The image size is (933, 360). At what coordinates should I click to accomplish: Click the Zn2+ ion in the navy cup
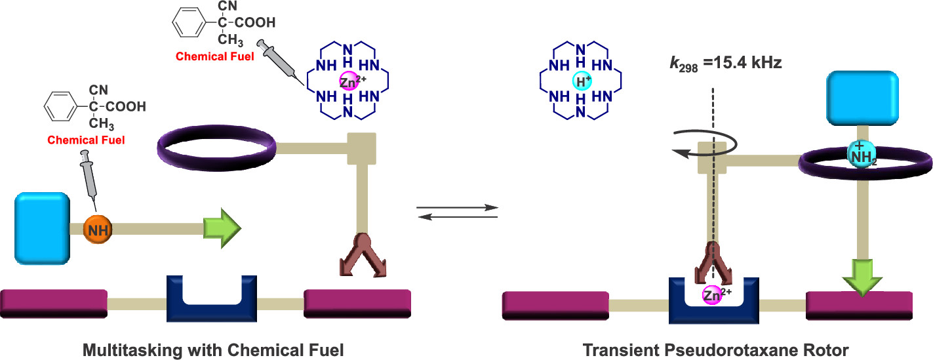coord(713,295)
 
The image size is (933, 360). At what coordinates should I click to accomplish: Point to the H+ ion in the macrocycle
coord(580,81)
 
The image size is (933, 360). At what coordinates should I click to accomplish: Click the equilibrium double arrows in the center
coord(458,212)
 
